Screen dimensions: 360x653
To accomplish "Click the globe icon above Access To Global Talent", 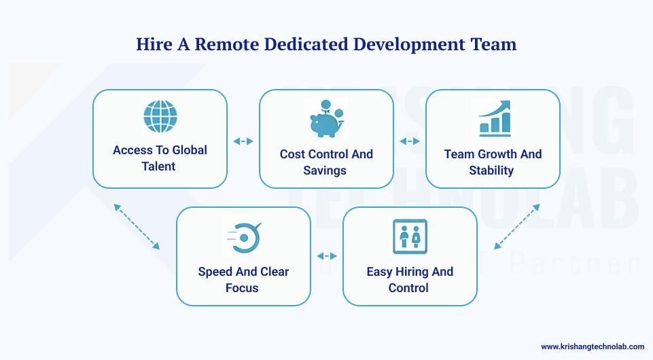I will [x=160, y=117].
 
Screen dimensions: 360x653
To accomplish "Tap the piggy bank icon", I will [x=325, y=121].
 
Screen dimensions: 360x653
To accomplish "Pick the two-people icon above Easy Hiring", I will [x=410, y=237].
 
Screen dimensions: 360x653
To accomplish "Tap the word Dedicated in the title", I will [x=307, y=45].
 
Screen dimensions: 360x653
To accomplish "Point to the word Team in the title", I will [x=493, y=45].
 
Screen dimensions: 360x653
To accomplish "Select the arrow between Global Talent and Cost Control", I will [x=243, y=141].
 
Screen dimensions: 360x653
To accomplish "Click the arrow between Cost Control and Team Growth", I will [x=410, y=141].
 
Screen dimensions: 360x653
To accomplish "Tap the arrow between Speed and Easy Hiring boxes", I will [x=327, y=256].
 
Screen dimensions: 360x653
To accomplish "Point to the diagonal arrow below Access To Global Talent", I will [x=137, y=227].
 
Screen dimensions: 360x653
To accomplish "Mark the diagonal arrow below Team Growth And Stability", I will [x=516, y=227].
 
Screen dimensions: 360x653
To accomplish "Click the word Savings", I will [x=325, y=170].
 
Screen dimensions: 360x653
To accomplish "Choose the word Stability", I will [x=491, y=170].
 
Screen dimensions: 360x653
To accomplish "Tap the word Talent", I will [x=159, y=166].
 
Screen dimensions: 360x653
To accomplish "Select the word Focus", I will [x=242, y=288].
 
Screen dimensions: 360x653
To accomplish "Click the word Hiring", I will [x=410, y=272].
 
